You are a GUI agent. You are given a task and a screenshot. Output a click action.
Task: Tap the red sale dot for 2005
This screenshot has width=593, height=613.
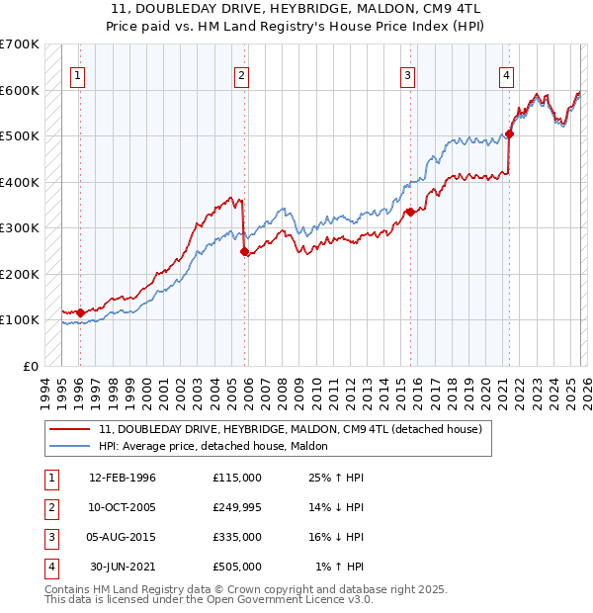(x=245, y=251)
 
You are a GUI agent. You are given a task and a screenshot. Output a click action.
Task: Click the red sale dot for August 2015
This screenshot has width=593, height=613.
(x=410, y=212)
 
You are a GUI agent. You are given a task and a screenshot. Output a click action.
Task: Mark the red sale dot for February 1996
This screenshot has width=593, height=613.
(x=80, y=313)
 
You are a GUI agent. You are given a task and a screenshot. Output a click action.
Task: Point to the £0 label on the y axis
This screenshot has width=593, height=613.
(x=30, y=366)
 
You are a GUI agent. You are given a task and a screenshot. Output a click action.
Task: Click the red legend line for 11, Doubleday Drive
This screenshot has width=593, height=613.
(x=69, y=430)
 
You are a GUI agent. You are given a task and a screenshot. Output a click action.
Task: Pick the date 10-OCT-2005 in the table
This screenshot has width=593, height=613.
(x=123, y=507)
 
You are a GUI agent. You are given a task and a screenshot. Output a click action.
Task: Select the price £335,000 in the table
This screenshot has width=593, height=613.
(x=237, y=537)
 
